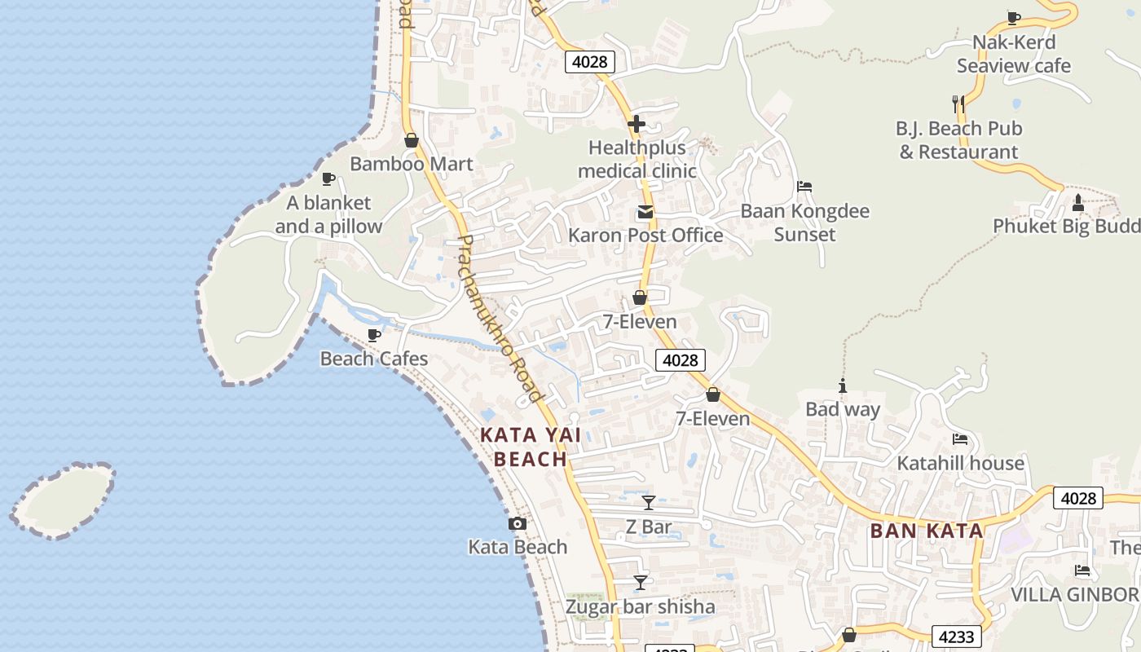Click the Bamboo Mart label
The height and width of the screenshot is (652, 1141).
(411, 164)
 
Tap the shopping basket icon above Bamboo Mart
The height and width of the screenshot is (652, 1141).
(412, 140)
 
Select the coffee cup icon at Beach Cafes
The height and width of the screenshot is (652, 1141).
(374, 335)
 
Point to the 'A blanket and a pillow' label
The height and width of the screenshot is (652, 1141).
(328, 214)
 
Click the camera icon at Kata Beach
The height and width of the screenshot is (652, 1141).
(517, 524)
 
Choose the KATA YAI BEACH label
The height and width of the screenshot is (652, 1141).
(531, 447)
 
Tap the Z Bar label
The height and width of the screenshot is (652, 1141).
(649, 527)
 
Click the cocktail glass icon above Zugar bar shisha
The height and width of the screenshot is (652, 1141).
(641, 583)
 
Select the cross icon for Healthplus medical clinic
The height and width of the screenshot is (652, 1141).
(637, 125)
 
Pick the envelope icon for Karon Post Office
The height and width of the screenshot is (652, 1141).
(645, 213)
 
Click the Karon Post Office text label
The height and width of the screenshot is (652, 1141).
(645, 236)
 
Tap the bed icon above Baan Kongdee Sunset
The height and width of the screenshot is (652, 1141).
(804, 187)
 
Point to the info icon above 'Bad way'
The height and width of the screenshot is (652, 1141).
(843, 385)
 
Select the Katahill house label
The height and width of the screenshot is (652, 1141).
(960, 463)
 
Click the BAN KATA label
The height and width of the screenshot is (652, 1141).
(927, 531)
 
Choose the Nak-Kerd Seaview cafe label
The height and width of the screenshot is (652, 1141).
(1014, 54)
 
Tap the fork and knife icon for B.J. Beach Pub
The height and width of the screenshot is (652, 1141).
(958, 104)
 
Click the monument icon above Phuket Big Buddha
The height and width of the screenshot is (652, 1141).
(1078, 202)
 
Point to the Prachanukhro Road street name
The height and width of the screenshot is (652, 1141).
(500, 319)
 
